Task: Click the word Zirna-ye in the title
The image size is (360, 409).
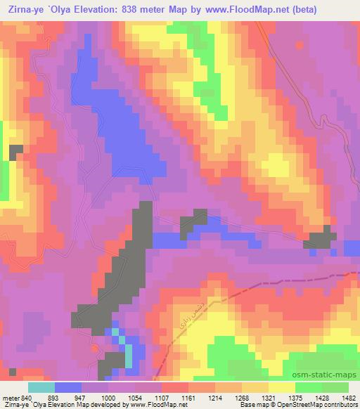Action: tap(22, 10)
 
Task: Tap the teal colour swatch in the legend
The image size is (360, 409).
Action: tap(41, 387)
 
